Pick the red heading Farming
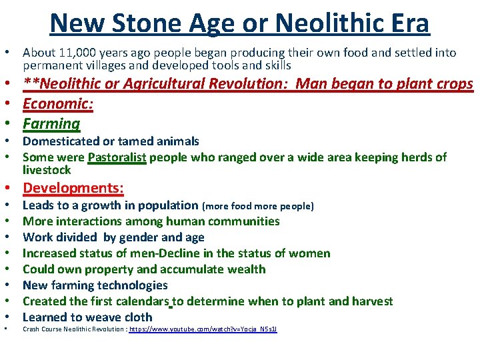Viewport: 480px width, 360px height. click(51, 123)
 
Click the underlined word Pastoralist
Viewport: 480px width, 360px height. click(117, 157)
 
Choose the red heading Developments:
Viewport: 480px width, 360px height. click(73, 188)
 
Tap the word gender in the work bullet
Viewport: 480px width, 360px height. click(143, 237)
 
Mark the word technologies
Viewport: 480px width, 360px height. click(133, 285)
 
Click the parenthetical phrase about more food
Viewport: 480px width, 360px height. click(257, 206)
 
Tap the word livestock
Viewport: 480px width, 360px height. click(46, 170)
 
